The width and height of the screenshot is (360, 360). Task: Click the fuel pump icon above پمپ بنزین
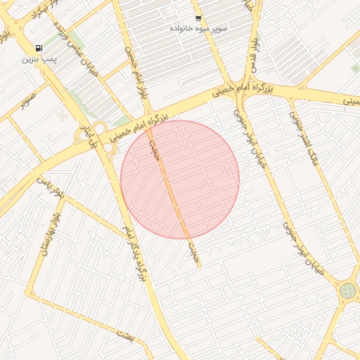click(x=37, y=49)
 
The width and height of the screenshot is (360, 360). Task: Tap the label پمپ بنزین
click(x=37, y=59)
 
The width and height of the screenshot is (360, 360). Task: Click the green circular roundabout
click(x=347, y=290)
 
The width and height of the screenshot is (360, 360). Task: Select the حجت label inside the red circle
click(x=153, y=149)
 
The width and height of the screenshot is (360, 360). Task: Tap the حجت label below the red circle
click(x=195, y=253)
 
